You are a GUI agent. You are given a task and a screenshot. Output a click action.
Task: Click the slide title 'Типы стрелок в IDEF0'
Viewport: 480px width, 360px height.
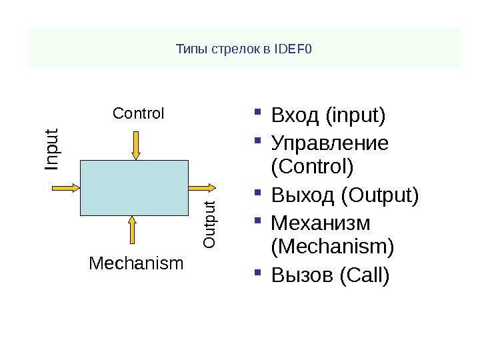pos(243,49)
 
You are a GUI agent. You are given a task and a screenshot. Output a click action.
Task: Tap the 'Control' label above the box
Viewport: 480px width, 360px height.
pos(139,113)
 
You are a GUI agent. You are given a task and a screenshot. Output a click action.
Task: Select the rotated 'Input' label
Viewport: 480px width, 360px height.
pos(53,148)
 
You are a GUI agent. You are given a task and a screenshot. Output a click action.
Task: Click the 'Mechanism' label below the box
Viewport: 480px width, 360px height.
pos(136,264)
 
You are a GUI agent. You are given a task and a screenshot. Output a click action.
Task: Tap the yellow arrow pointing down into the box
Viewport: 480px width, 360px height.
pos(135,145)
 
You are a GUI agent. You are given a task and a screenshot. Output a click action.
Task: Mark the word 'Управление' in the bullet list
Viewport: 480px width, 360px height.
pos(330,143)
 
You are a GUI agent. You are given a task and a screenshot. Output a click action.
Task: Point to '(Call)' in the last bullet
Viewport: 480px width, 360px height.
pos(364,275)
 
